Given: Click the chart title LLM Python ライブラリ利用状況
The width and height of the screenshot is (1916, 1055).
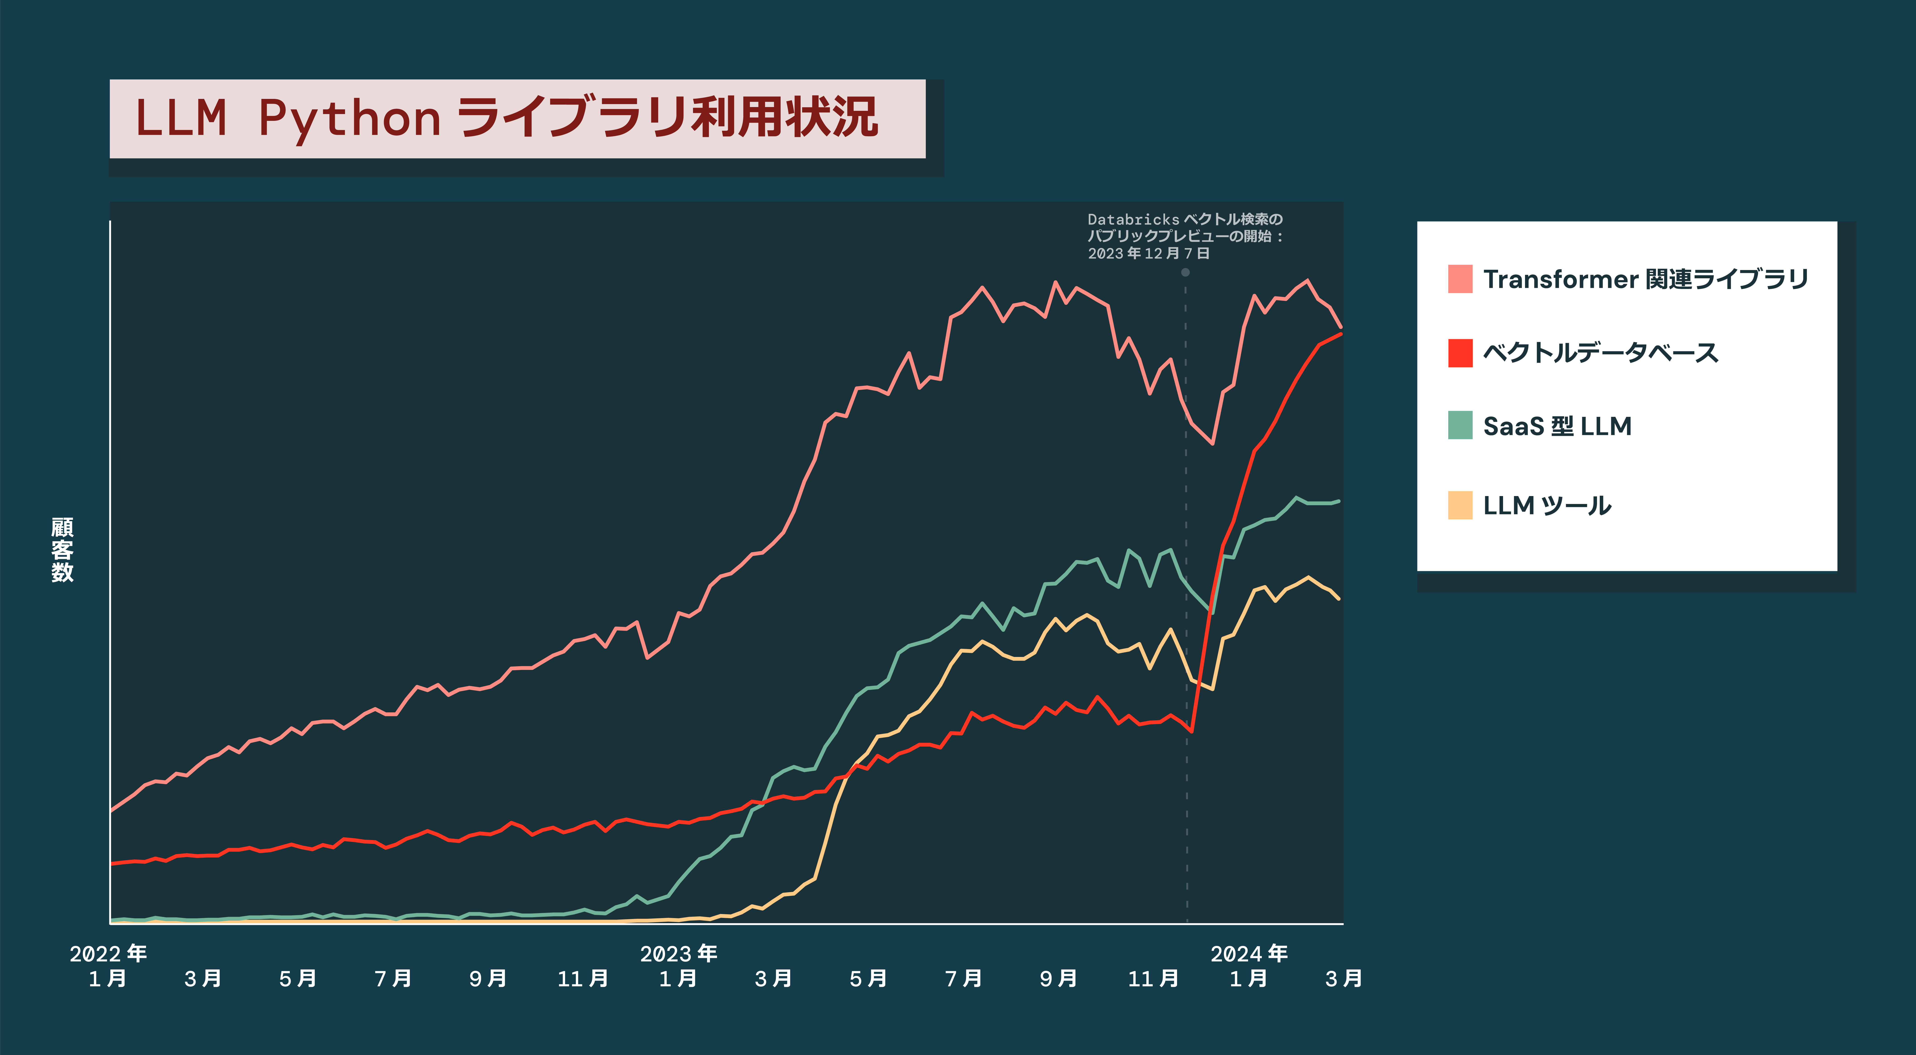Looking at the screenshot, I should click(x=506, y=118).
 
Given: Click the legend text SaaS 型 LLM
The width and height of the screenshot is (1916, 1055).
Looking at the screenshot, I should click(x=1557, y=426).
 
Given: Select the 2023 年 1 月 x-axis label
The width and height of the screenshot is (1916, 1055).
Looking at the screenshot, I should click(x=678, y=966).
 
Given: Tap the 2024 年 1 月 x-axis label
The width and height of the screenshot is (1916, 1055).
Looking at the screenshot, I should click(x=1249, y=966).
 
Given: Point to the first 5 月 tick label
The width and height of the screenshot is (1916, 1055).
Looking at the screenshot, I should click(x=297, y=979).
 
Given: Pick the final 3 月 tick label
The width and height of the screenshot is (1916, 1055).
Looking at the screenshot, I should click(x=1343, y=979).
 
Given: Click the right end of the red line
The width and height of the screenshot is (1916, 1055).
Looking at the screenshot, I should click(x=1341, y=334).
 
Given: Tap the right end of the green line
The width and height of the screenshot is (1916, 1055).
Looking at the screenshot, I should click(x=1339, y=501).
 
